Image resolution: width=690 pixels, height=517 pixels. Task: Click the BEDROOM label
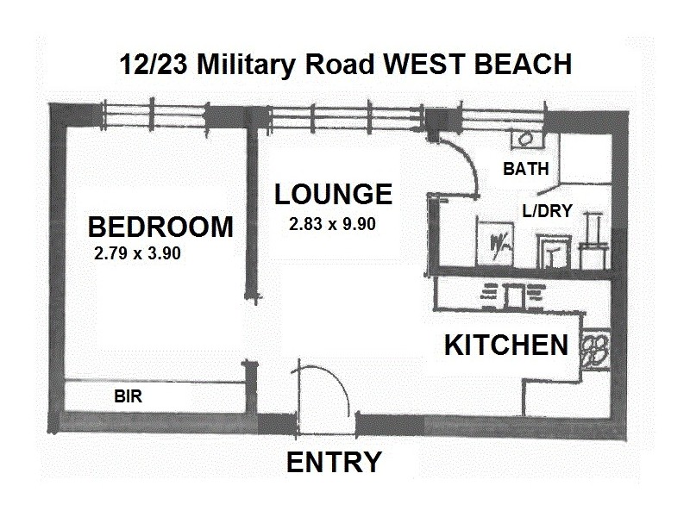click(x=160, y=227)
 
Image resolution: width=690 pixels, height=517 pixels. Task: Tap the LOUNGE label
click(x=333, y=194)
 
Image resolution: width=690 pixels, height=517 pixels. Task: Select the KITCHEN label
click(x=505, y=346)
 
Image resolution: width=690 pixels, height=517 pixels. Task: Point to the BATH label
click(x=525, y=169)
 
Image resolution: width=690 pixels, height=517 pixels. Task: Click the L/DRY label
click(x=548, y=209)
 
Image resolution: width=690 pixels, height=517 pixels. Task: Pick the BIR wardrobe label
click(x=128, y=397)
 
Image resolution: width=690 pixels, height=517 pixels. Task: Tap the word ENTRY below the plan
click(x=333, y=463)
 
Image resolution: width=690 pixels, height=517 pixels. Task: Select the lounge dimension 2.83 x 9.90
click(x=333, y=224)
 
